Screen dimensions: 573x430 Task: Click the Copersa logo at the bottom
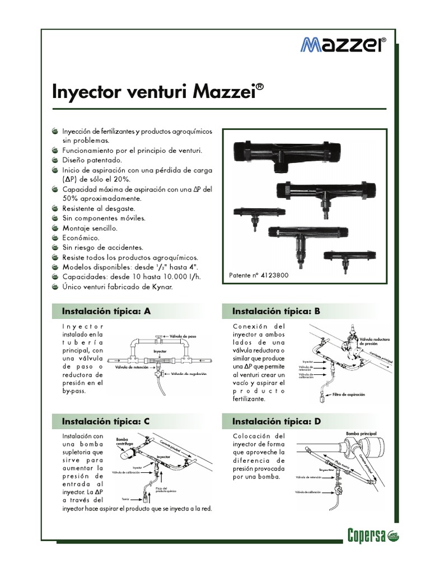coord(367,535)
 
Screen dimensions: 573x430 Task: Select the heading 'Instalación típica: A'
coord(106,311)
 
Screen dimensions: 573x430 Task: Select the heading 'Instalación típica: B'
coord(276,311)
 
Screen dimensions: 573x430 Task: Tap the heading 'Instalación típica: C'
coord(106,420)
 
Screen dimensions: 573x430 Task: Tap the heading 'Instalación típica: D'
coord(277,420)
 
